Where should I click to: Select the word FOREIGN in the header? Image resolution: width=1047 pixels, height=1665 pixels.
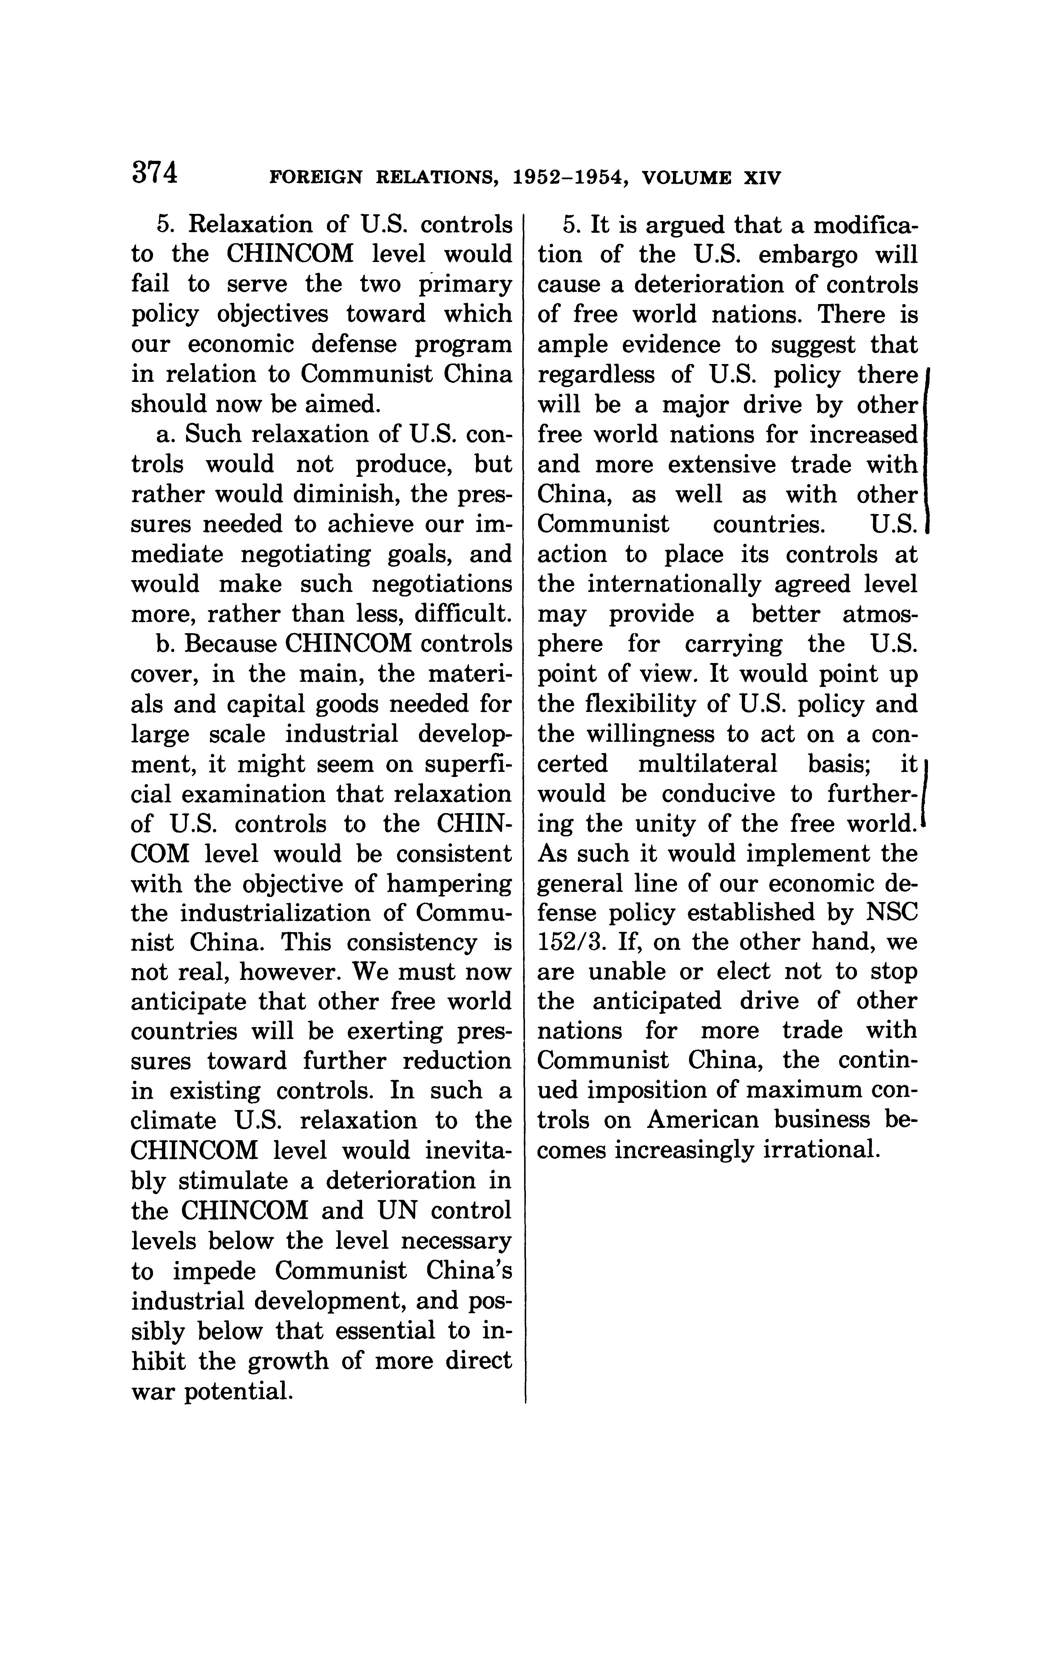pos(314,178)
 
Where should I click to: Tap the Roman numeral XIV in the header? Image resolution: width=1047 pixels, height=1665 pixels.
pos(762,178)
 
